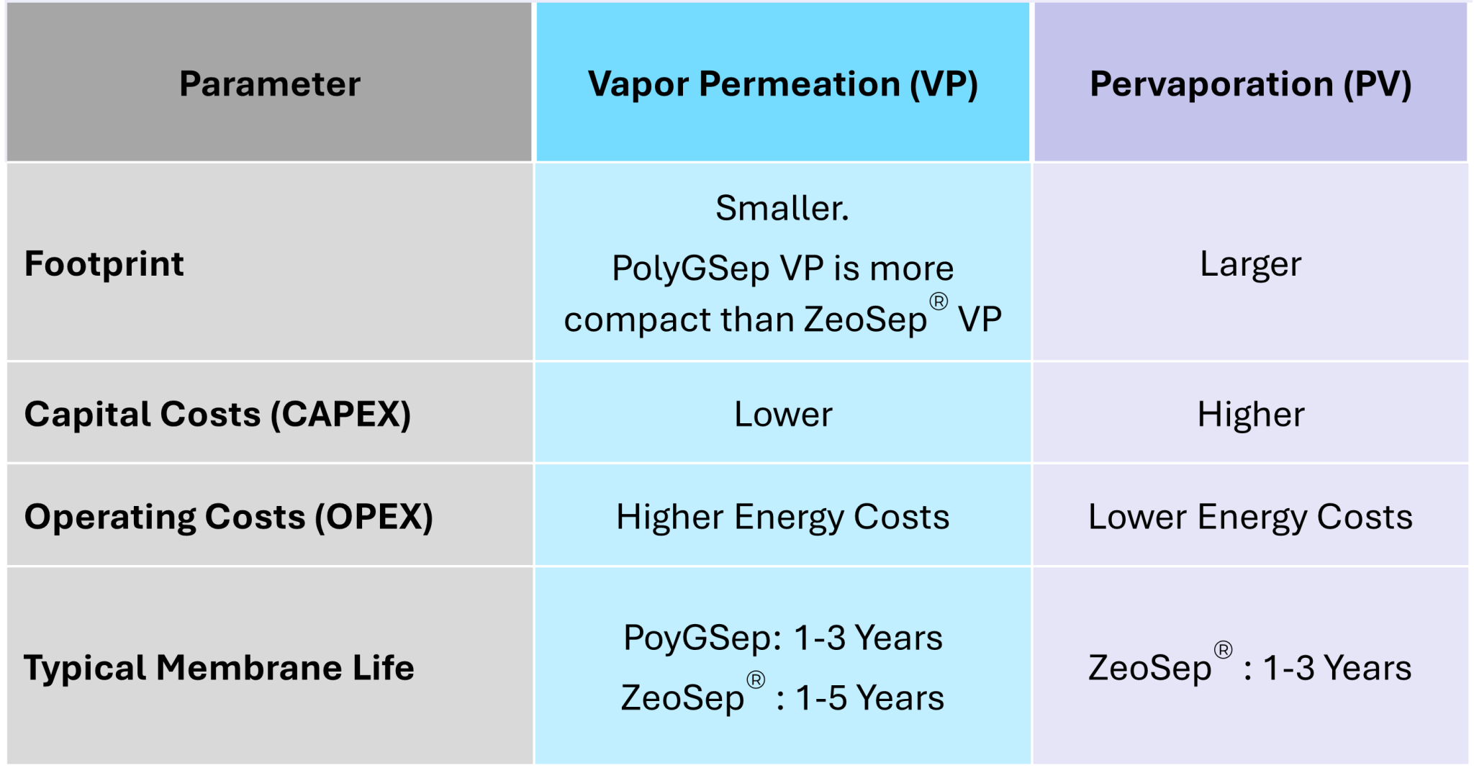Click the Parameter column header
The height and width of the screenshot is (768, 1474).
[269, 83]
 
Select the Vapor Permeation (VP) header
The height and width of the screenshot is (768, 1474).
[783, 83]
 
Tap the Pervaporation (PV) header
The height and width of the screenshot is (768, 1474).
[1250, 83]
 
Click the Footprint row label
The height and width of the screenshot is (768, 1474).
[104, 263]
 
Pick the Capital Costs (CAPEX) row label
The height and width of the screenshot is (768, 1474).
[217, 414]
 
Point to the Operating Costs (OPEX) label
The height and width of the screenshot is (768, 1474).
[229, 517]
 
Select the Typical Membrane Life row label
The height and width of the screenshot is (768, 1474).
[219, 667]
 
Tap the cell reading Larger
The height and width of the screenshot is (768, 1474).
[1250, 264]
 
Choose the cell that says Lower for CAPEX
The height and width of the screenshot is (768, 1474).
[783, 415]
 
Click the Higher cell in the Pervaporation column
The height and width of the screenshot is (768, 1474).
[1250, 415]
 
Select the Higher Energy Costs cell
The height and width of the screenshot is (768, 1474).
[783, 517]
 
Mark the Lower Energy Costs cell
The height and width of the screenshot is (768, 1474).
[1250, 517]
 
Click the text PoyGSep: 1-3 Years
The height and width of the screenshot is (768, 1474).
[783, 638]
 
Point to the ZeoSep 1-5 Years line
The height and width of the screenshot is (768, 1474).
[783, 697]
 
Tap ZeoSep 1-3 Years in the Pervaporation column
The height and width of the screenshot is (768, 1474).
[1250, 667]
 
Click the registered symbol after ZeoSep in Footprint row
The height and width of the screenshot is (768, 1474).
[939, 302]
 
